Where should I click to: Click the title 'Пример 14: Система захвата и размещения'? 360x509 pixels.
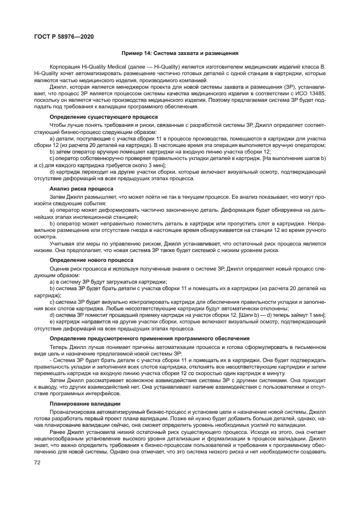(180, 53)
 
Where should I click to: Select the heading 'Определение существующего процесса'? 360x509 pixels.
(103, 117)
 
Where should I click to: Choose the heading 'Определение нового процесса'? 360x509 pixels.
(91, 260)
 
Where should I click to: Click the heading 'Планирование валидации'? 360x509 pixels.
(85, 403)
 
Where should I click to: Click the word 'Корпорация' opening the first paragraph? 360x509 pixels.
(63, 65)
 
